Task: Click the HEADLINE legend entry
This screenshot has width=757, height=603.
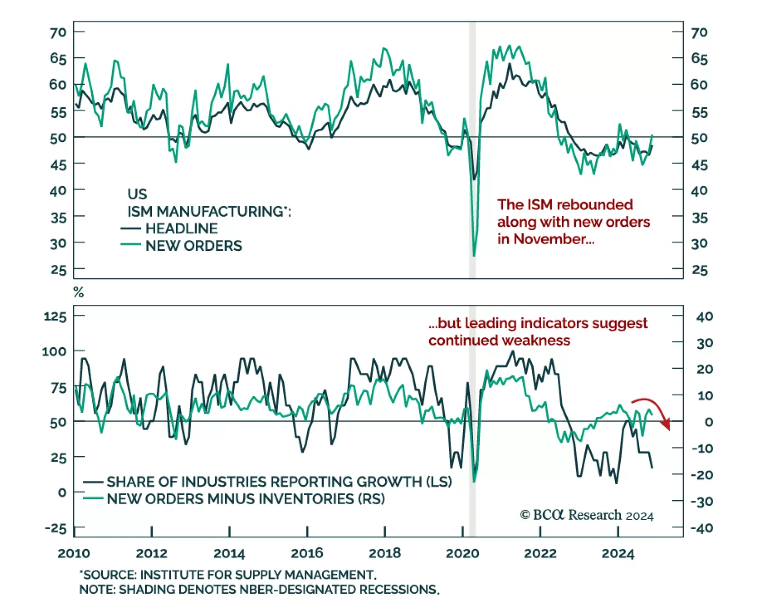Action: [181, 229]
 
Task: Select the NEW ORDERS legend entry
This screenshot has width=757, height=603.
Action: [194, 246]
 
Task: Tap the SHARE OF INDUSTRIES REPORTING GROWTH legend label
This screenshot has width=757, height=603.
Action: [279, 481]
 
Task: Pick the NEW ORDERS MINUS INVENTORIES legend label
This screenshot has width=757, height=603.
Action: [246, 498]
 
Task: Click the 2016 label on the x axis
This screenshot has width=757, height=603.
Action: [307, 553]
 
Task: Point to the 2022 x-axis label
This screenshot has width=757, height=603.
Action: [540, 553]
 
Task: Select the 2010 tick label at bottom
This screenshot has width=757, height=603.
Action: [74, 553]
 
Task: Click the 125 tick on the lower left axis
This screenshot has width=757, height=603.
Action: [55, 316]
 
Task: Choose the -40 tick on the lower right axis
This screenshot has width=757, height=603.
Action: [702, 528]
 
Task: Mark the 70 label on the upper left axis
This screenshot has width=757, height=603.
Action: [58, 32]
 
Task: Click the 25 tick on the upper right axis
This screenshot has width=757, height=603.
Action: [700, 270]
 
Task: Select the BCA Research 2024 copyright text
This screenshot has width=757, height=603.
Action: [587, 515]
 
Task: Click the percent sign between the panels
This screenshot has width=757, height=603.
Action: [79, 293]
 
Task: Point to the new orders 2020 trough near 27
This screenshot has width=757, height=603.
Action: [474, 255]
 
